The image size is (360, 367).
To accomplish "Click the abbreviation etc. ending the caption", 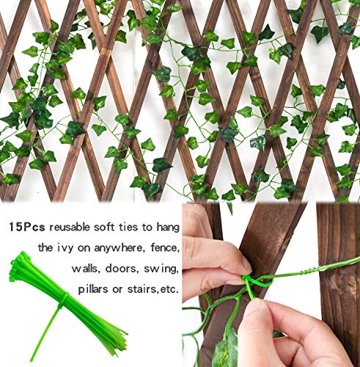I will click(x=167, y=288).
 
